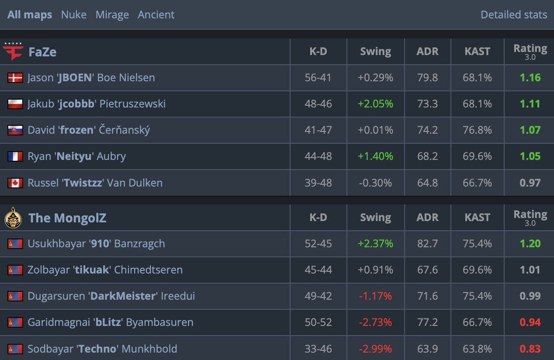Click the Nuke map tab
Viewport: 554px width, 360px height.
[74, 15]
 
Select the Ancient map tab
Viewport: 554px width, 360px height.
[156, 15]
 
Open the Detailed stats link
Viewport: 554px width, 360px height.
[514, 15]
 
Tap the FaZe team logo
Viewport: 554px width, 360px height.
[14, 52]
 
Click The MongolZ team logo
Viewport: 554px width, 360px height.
[13, 218]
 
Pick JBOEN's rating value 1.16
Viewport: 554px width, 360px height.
[530, 78]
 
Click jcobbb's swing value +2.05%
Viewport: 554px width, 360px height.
[375, 104]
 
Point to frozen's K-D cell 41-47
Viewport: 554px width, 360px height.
[318, 130]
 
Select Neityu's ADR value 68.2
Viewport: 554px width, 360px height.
[427, 156]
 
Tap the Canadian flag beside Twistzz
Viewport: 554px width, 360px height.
[15, 183]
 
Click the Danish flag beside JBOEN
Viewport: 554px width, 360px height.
[15, 78]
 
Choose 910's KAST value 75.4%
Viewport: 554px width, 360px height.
[477, 244]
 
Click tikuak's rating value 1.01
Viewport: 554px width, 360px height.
[530, 270]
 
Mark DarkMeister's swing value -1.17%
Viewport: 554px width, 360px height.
[375, 296]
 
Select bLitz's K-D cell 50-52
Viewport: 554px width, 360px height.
[318, 322]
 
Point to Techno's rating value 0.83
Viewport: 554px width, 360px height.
[530, 349]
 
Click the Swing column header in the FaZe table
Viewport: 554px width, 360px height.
[375, 52]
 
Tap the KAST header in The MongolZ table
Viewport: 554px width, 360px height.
[477, 218]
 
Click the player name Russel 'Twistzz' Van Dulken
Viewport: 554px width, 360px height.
[95, 183]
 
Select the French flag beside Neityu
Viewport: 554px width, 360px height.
[15, 156]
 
